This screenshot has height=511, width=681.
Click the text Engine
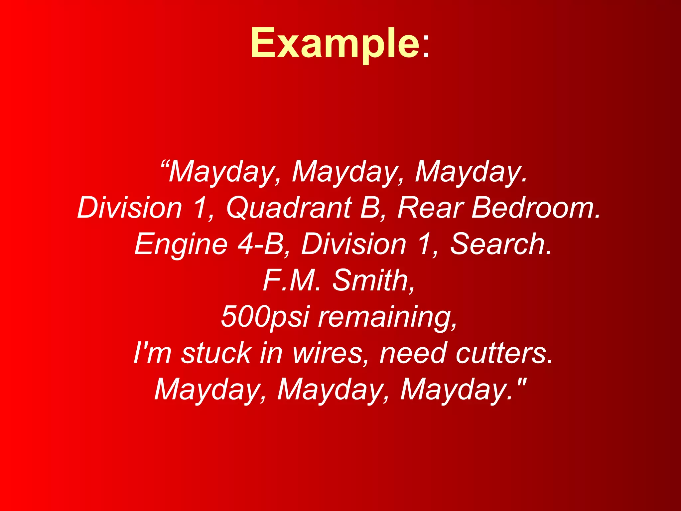(x=181, y=244)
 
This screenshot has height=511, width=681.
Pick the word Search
(x=501, y=244)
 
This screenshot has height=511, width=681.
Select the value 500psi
(x=265, y=317)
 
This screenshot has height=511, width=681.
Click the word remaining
(x=387, y=317)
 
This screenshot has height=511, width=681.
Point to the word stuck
(x=216, y=353)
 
